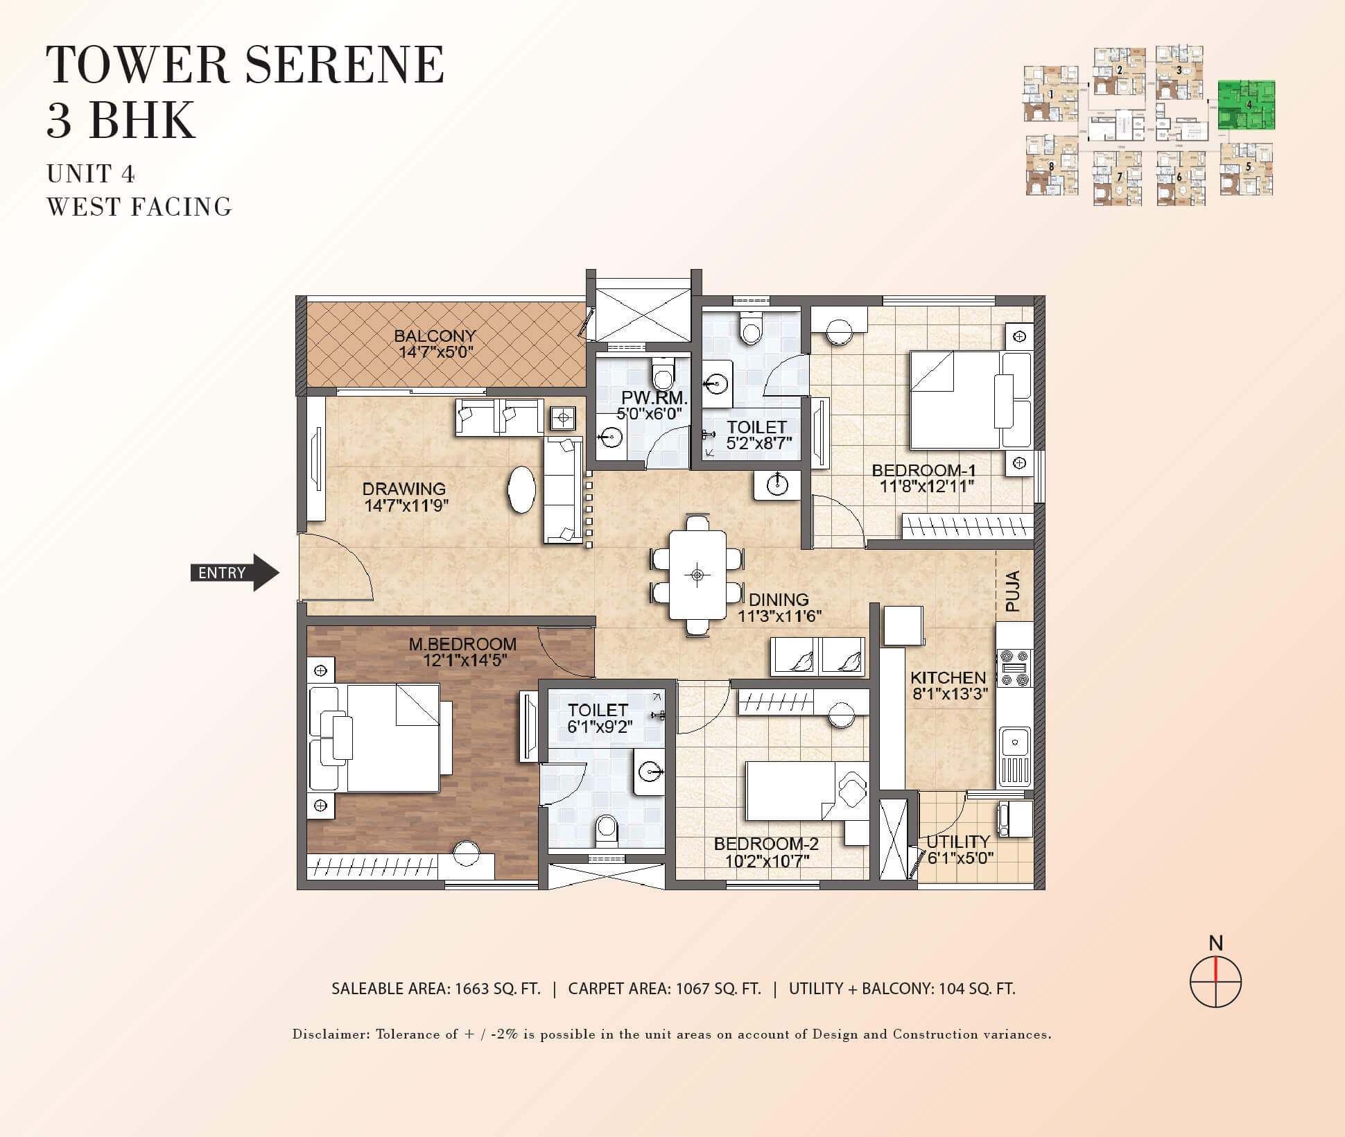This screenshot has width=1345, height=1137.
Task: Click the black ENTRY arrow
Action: point(235,573)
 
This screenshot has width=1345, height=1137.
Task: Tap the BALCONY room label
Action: point(435,336)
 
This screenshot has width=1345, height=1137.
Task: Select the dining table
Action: point(697,575)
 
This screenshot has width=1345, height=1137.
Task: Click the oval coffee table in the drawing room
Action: point(521,489)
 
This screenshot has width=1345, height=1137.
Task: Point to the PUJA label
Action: point(1013,591)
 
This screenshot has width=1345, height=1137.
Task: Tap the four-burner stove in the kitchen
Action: point(1014,668)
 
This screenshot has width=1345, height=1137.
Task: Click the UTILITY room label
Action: point(958,842)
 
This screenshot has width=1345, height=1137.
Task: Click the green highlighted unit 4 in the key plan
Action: point(1247,105)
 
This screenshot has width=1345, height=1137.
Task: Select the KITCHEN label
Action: point(948,677)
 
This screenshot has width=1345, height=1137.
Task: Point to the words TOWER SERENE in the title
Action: point(245,64)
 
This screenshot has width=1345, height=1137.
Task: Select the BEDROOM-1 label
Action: point(923,470)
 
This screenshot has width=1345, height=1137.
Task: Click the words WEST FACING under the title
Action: point(139,207)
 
